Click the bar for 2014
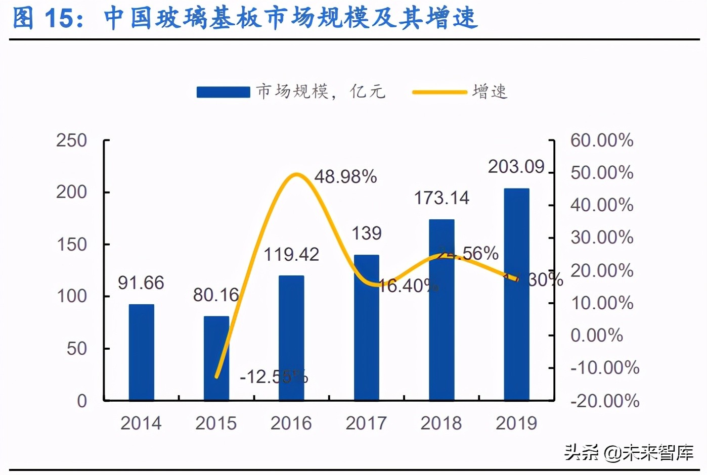pos(141,352)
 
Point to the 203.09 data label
pos(516,167)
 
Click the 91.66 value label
pos(141,283)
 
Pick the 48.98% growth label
pos(345,177)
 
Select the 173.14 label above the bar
pos(441,198)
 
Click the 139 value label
pos(366,233)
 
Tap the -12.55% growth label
pos(274,377)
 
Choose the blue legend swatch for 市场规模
pos(223,92)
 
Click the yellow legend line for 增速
pos(439,92)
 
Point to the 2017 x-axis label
pos(366,423)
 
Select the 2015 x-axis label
pos(216,423)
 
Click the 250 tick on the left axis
pos(71,140)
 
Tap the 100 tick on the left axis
pos(71,296)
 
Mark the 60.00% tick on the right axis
pos(602,140)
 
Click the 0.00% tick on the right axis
pos(596,335)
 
